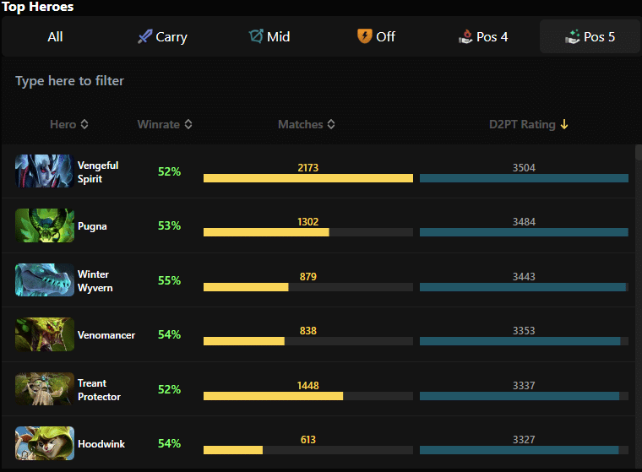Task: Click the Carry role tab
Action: [x=162, y=36]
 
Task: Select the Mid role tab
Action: [x=269, y=36]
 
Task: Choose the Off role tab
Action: [x=376, y=36]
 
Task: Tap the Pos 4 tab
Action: [x=483, y=36]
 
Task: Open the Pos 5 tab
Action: [x=590, y=36]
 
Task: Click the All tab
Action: [x=55, y=36]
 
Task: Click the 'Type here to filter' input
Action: [x=321, y=81]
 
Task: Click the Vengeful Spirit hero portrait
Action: [x=45, y=171]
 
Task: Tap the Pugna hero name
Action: [x=92, y=226]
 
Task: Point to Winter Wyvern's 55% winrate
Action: [x=169, y=280]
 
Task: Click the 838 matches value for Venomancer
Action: [x=307, y=331]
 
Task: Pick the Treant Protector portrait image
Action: [x=45, y=389]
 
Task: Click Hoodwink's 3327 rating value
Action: [x=524, y=439]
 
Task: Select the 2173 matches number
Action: [x=307, y=168]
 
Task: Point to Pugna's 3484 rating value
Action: [x=524, y=222]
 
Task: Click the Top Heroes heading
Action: [x=38, y=7]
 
